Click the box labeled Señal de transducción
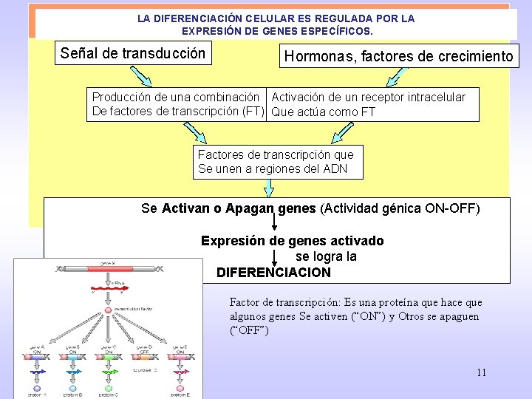[x=133, y=53]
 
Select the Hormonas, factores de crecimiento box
[x=399, y=56]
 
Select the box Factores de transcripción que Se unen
[x=279, y=162]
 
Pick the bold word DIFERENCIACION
[x=274, y=272]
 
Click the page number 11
[x=482, y=372]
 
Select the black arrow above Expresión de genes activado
[x=275, y=224]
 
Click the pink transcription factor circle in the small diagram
[x=108, y=310]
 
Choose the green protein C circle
[x=108, y=387]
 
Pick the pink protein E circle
[x=180, y=387]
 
